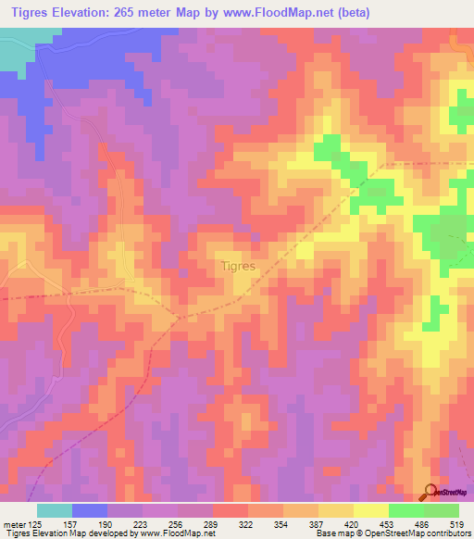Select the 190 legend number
click(106, 525)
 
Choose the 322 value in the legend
click(248, 525)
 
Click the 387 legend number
click(318, 525)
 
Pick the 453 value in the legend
click(389, 525)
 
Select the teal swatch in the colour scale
click(55, 510)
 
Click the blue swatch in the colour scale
click(90, 510)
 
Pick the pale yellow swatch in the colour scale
click(371, 510)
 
